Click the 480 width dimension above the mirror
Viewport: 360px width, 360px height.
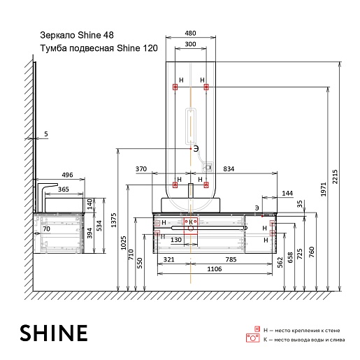point(190,34)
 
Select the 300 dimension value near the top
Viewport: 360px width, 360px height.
point(190,44)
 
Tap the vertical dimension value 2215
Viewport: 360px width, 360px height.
point(335,177)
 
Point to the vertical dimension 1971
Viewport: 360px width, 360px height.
point(323,189)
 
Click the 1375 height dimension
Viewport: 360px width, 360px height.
point(113,220)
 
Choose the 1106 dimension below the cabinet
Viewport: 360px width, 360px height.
point(215,269)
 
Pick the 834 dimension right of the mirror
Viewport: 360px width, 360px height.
point(229,169)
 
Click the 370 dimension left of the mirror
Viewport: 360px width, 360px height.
point(141,169)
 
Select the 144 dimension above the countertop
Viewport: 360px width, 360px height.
point(287,194)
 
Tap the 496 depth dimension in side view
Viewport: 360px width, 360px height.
point(67,175)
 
